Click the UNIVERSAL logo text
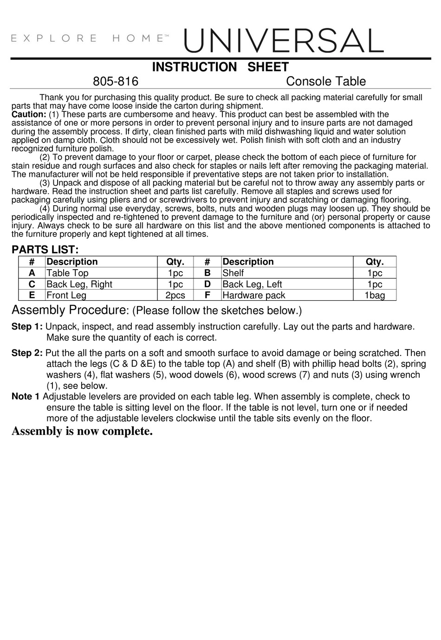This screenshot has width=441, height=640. tap(284, 41)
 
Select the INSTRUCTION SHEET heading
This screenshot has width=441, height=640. tap(220, 67)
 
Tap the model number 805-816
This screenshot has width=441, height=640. tap(116, 82)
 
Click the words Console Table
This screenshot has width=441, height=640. tap(325, 82)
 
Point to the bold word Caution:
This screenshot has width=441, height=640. tap(29, 114)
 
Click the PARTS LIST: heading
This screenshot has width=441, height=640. tap(45, 250)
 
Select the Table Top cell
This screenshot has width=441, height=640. tap(67, 273)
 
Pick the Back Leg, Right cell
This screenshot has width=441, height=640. tap(79, 284)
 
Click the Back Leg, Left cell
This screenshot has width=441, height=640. tap(252, 284)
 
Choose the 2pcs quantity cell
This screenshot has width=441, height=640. tap(175, 295)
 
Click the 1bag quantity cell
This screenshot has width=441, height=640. tap(374, 295)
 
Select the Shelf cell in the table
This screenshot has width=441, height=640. tap(233, 273)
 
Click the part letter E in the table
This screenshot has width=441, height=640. tap(32, 295)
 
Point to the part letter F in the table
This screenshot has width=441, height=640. tap(207, 295)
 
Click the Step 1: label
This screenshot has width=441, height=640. tap(27, 327)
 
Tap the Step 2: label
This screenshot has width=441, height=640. tap(27, 353)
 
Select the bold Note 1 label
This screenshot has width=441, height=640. tap(26, 397)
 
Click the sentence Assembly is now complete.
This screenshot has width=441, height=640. tap(82, 431)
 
